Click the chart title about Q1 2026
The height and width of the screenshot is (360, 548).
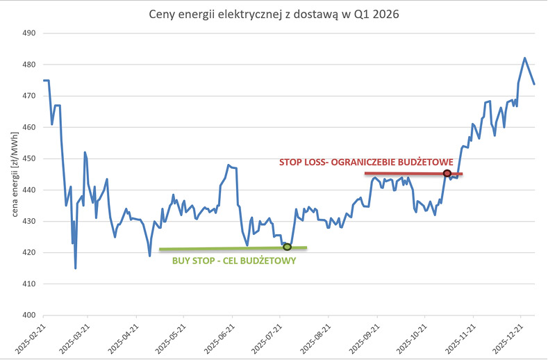(274, 15)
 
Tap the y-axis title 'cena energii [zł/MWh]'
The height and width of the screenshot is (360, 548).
(15, 174)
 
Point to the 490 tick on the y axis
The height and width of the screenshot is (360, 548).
(28, 33)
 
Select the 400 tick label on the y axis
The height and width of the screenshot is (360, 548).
(28, 315)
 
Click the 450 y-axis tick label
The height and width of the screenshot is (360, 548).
(28, 158)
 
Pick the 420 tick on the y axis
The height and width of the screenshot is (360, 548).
(28, 252)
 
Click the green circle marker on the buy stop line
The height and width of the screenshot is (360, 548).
(287, 247)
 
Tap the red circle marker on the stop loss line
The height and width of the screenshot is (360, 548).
(447, 173)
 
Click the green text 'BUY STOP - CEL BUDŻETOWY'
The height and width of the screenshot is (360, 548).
(234, 261)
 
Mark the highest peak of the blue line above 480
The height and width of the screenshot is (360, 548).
(524, 58)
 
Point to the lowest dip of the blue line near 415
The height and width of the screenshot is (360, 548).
(76, 268)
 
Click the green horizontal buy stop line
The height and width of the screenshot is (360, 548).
(233, 248)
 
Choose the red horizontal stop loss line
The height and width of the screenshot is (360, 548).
(413, 174)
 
